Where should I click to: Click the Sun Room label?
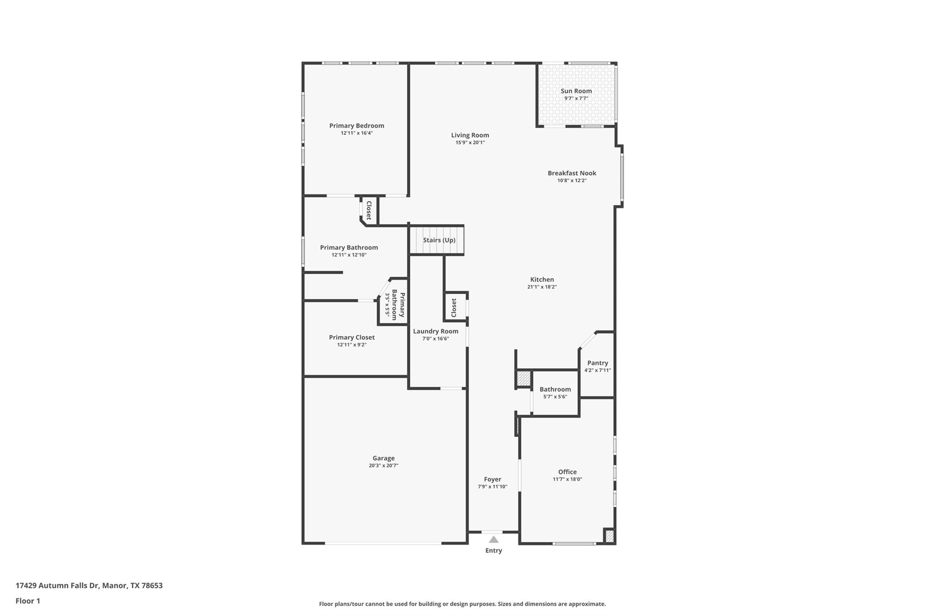tap(576, 91)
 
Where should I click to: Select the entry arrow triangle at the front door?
tap(494, 539)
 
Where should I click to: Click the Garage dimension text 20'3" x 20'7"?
tap(383, 466)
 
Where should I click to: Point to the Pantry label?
tap(598, 363)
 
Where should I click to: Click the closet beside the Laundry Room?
tap(454, 307)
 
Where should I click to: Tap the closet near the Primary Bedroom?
tap(369, 210)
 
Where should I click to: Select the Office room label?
tap(567, 472)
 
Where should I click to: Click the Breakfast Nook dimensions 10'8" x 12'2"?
tap(572, 181)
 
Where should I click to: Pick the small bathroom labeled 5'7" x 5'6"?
tap(555, 393)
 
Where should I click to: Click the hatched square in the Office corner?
tap(609, 536)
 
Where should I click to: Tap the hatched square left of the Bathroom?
tap(523, 378)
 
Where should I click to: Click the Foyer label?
tap(492, 479)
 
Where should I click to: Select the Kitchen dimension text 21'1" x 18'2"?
tap(542, 287)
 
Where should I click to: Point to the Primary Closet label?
tap(351, 337)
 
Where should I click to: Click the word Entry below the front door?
tap(494, 551)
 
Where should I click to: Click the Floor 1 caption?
tap(28, 601)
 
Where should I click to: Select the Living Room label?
tap(470, 135)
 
